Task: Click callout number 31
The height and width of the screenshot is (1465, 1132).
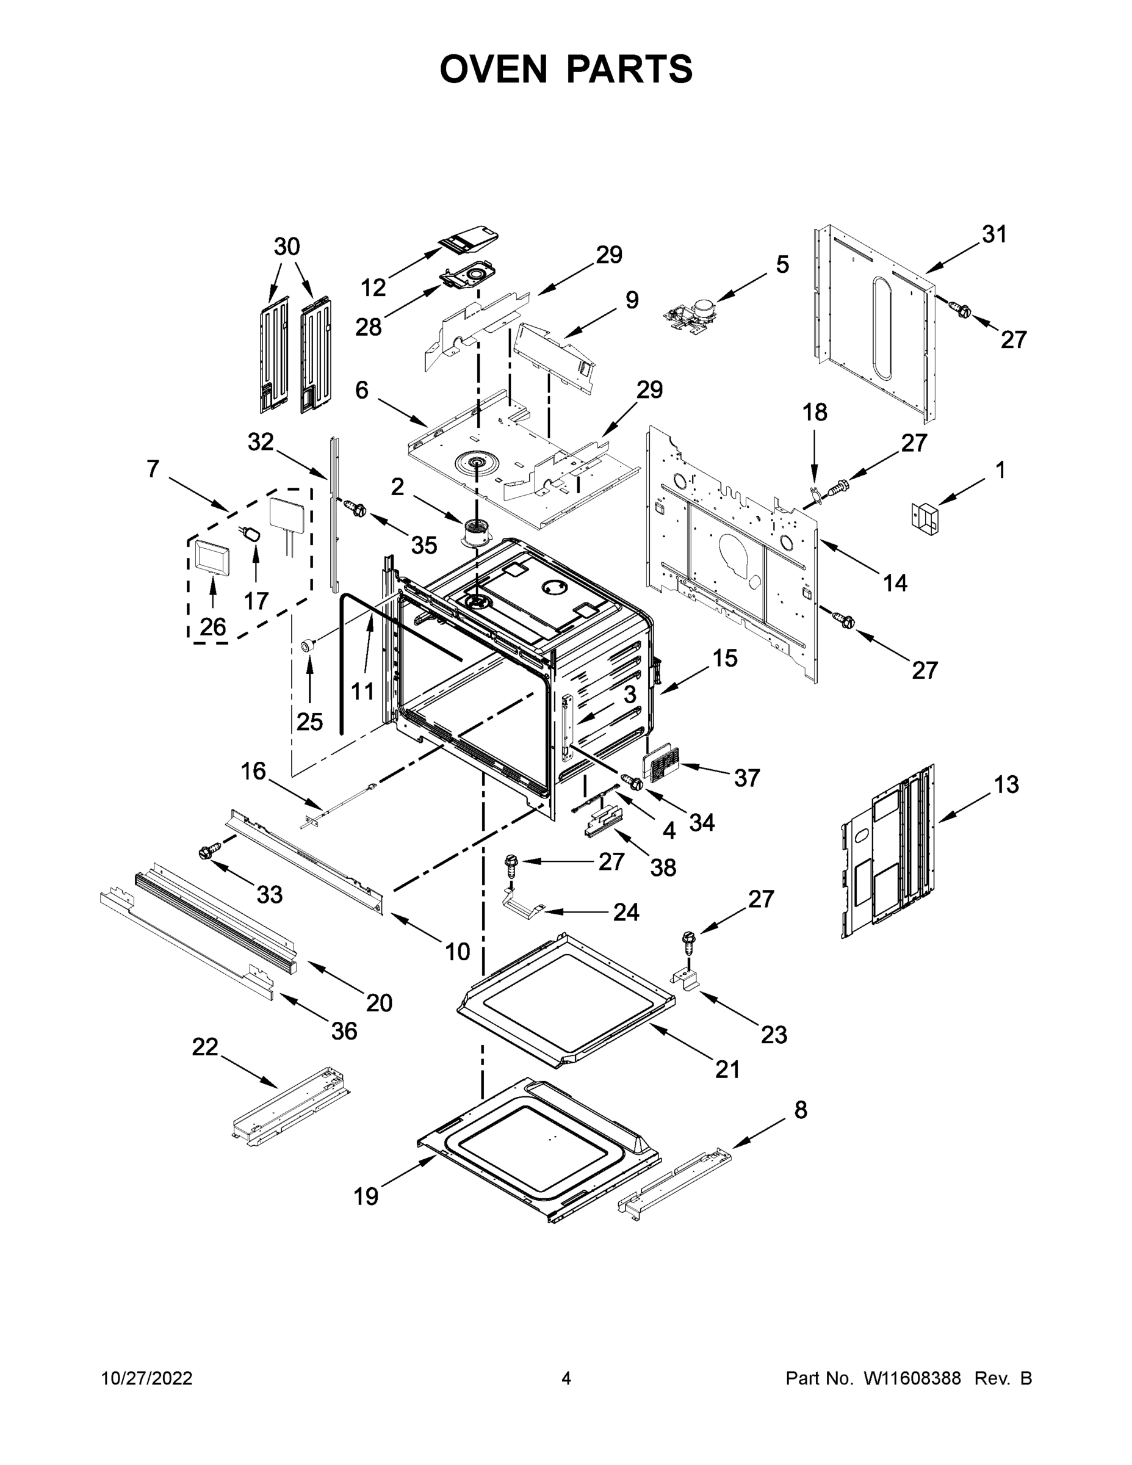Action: pos(994,234)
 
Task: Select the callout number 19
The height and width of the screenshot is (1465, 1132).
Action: pos(366,1196)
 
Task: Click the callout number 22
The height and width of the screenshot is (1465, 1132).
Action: pos(205,1046)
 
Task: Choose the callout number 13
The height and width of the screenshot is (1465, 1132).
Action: pos(1006,784)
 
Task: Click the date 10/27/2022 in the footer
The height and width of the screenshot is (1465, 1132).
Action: pos(146,1378)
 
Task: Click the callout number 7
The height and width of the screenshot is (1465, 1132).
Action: pos(153,468)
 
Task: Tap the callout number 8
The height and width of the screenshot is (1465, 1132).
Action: pos(800,1110)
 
